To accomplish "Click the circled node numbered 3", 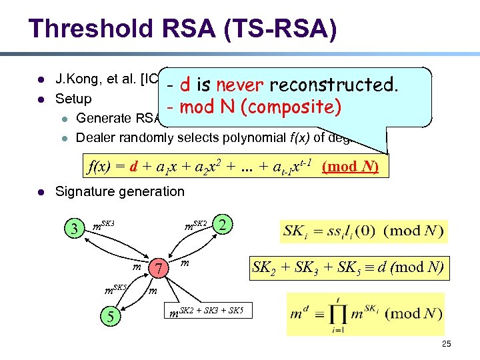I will (x=77, y=229).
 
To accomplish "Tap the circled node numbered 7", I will (x=158, y=268).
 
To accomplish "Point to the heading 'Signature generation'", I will (x=120, y=191).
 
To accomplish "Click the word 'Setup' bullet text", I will (x=73, y=99).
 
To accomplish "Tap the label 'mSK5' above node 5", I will (x=117, y=288).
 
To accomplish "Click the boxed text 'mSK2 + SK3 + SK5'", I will (x=207, y=309).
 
